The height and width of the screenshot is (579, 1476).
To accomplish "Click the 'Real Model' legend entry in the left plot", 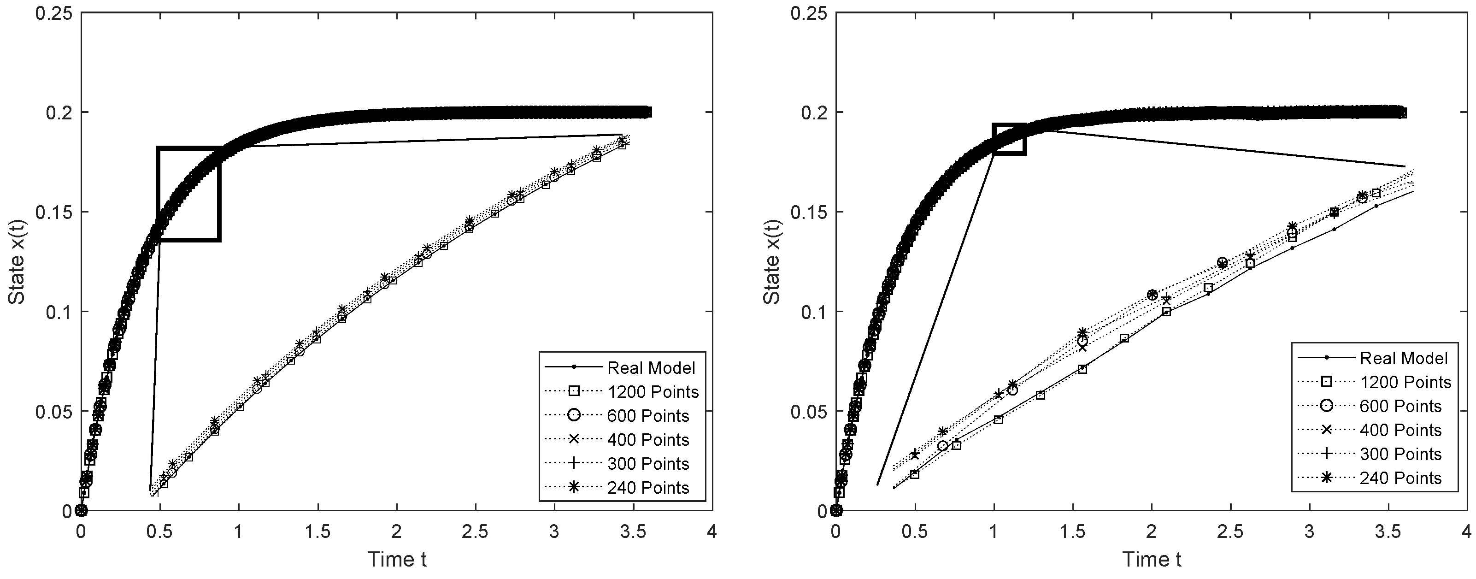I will pyautogui.click(x=651, y=367).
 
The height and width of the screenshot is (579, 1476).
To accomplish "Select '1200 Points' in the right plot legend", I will pyautogui.click(x=1405, y=382).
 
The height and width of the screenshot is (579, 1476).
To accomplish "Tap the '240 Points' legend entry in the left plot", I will pyautogui.click(x=648, y=488).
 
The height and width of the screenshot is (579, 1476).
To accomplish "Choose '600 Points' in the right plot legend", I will pyautogui.click(x=1400, y=407).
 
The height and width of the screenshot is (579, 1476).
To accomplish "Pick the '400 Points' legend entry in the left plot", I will pyautogui.click(x=648, y=440).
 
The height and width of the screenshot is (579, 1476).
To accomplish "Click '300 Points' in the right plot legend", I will pyautogui.click(x=1400, y=454).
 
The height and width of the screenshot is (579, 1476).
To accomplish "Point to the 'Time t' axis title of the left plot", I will pyautogui.click(x=397, y=559).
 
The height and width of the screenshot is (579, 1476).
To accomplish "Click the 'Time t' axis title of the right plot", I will pyautogui.click(x=1152, y=559).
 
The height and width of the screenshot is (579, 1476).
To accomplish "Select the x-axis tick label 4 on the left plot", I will pyautogui.click(x=712, y=532).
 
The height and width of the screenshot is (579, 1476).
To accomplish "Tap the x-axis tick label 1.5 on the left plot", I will pyautogui.click(x=318, y=532).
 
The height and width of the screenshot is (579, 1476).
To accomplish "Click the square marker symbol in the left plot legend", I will pyautogui.click(x=574, y=391).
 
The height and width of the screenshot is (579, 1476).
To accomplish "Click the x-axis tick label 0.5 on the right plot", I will pyautogui.click(x=914, y=532).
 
